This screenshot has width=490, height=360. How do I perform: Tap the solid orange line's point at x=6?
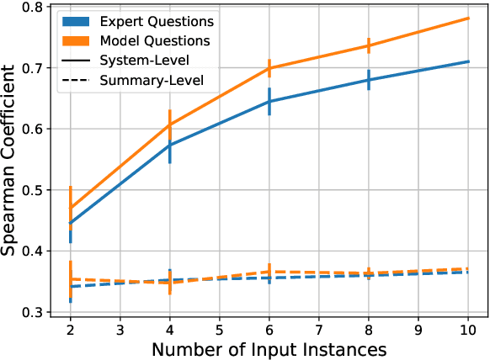[269, 67]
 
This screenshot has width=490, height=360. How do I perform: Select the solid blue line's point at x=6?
[269, 101]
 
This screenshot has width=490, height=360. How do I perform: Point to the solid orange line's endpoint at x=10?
[467, 18]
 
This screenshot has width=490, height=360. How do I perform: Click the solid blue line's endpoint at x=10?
[467, 61]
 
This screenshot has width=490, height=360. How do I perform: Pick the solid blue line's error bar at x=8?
[369, 80]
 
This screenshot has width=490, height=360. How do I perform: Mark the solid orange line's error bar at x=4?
[170, 123]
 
